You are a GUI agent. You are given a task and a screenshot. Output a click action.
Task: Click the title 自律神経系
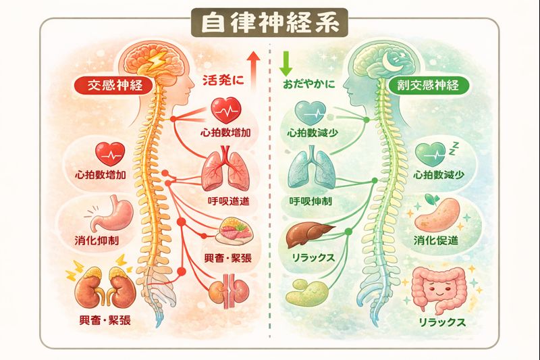(269, 22)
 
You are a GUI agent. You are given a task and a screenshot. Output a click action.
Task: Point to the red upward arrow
(253, 66)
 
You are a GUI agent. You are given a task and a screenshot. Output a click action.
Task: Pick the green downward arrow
(284, 61)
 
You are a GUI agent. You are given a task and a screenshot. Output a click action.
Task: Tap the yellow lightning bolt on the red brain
(157, 63)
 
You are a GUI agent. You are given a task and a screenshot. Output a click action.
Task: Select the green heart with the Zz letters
(431, 155)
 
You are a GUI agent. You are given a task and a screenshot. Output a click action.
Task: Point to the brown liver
(307, 237)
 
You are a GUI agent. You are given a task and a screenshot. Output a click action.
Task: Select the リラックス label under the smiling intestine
(442, 323)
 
